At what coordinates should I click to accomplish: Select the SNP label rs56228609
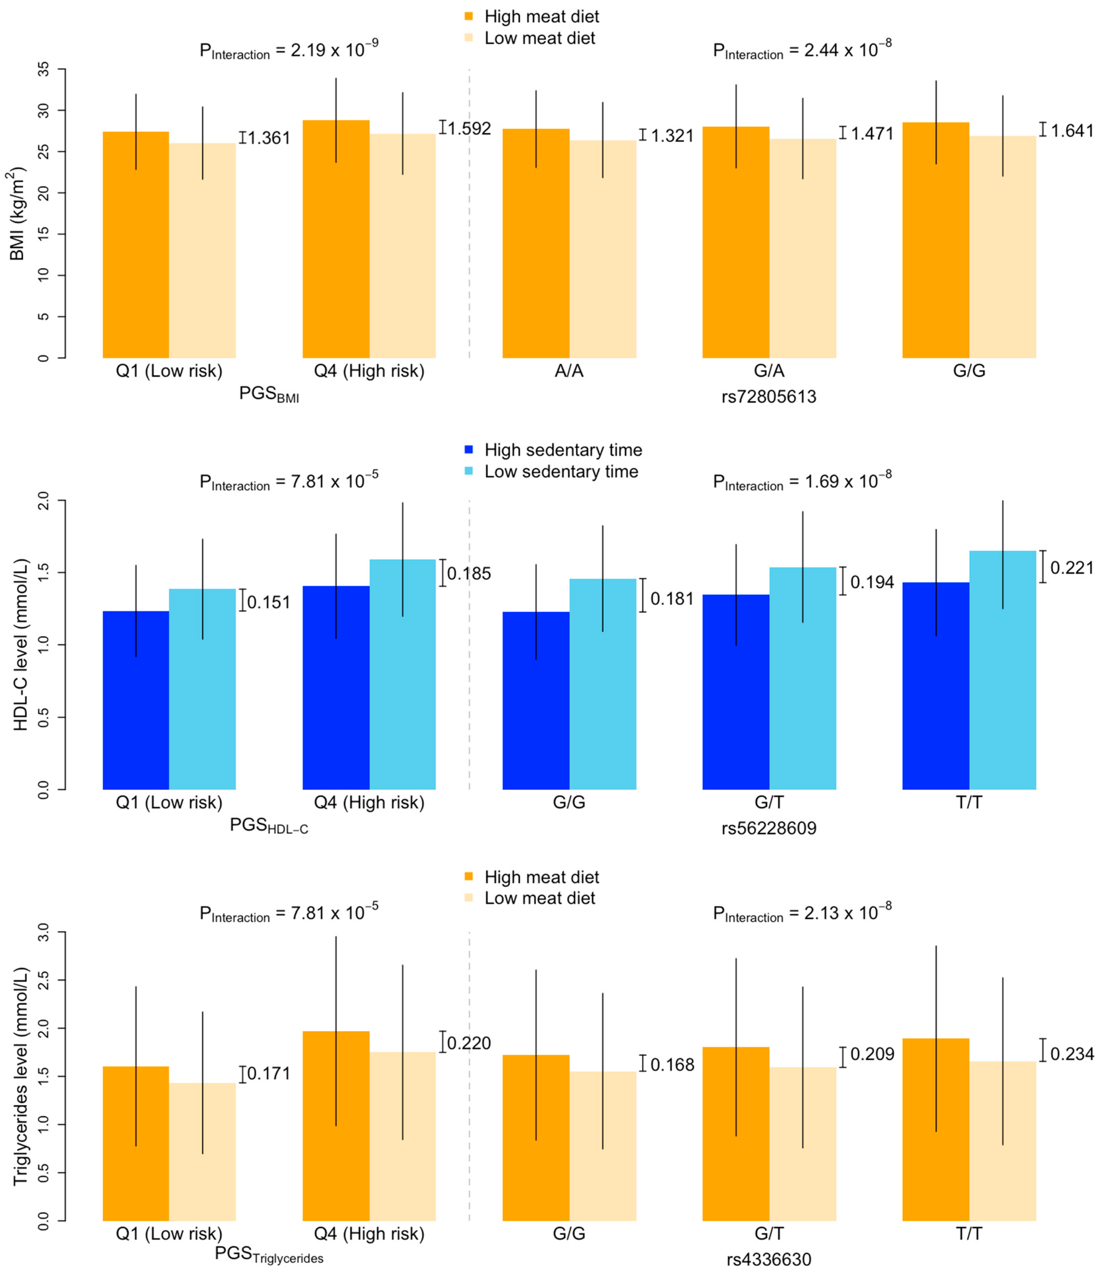[x=769, y=828]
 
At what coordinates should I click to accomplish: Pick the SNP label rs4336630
[x=769, y=1260]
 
